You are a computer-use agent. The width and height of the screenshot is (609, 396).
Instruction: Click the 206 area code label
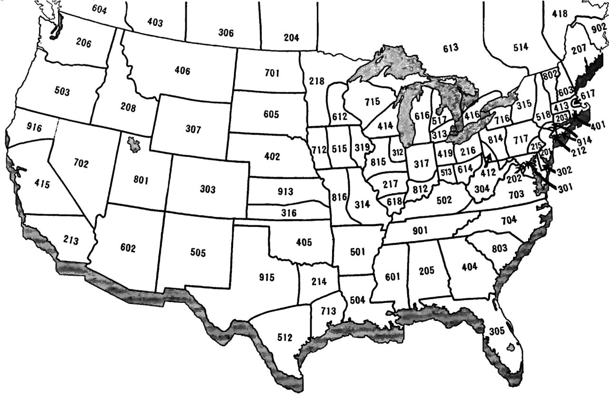tap(84, 42)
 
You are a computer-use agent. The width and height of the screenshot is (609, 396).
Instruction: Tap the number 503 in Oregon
tap(62, 91)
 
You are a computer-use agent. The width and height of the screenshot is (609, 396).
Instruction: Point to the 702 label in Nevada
tap(81, 164)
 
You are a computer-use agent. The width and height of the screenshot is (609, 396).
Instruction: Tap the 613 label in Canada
tap(450, 48)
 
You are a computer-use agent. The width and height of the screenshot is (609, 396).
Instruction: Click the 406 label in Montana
tap(182, 71)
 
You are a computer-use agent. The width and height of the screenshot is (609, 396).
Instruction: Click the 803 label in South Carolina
tap(500, 248)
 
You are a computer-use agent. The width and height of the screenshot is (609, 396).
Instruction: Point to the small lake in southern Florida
tap(512, 347)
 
